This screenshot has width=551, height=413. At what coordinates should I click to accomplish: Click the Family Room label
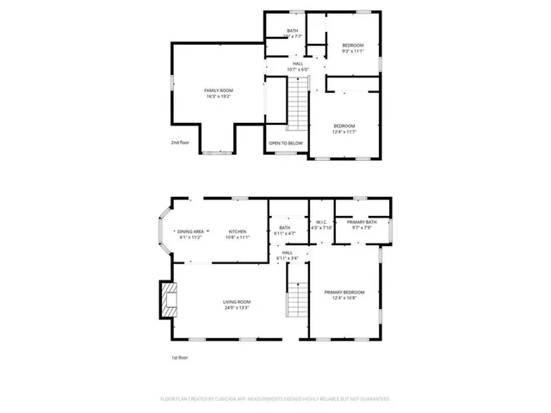coord(219,90)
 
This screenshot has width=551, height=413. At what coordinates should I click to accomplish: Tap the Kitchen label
coord(238,231)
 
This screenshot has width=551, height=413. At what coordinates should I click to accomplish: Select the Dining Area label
coord(190,231)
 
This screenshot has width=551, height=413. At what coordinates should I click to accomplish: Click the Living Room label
coord(237,301)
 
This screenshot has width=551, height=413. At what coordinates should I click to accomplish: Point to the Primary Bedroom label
coord(344,293)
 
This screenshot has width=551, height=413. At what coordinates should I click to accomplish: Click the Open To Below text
coord(285,143)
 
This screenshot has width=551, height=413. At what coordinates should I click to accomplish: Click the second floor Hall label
coord(298,63)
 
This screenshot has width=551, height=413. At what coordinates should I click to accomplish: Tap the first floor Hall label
coord(287,252)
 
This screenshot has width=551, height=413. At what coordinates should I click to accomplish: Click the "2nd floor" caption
coord(180,142)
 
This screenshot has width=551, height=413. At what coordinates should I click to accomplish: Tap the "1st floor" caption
coord(178,356)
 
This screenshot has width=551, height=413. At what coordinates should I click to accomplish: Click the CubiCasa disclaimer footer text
coord(275,399)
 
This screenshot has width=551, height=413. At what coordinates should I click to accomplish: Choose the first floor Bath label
coord(285,228)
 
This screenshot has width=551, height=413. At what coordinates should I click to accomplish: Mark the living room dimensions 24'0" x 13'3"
coord(237,307)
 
